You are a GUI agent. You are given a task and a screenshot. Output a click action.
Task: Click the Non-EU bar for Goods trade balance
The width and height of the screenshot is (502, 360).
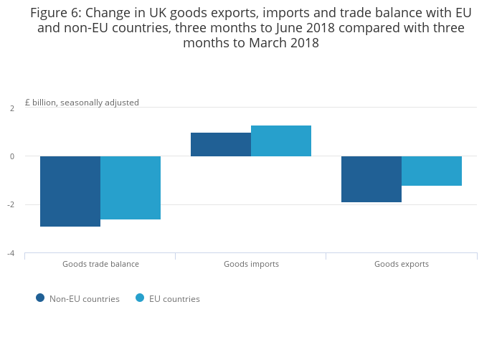click(70, 191)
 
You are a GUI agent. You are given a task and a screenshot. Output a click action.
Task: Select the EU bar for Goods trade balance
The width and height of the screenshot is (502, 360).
click(131, 188)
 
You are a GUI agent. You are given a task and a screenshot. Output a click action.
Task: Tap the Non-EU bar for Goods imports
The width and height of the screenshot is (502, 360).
click(221, 144)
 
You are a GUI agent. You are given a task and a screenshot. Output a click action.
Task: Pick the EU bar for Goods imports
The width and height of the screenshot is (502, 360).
click(281, 141)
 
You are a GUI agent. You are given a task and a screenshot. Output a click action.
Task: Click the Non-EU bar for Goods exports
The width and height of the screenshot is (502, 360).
click(371, 179)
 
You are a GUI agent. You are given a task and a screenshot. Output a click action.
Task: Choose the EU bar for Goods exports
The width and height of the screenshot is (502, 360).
click(432, 171)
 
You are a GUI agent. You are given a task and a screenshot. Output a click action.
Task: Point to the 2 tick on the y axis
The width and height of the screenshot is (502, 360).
click(12, 108)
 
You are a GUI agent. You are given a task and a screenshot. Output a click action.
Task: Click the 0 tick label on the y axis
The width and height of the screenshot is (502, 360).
click(12, 156)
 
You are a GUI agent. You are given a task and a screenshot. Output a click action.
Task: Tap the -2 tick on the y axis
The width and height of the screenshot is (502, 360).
click(11, 204)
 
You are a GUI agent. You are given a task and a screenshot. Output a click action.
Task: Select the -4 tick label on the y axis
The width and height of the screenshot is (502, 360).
click(11, 253)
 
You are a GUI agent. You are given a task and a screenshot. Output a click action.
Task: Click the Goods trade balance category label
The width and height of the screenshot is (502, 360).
click(100, 264)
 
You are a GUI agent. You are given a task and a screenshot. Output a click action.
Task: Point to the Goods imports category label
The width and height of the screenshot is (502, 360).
click(251, 264)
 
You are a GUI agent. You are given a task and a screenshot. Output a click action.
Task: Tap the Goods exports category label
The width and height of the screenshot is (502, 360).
click(402, 264)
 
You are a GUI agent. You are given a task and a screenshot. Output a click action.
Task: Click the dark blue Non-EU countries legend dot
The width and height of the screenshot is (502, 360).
click(40, 298)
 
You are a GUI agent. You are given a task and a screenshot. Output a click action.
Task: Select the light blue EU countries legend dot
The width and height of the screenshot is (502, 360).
click(140, 298)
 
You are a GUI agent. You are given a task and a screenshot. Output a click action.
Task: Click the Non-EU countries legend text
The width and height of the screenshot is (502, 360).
click(85, 299)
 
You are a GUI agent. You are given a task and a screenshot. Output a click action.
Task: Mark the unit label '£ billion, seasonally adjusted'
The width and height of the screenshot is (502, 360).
click(82, 103)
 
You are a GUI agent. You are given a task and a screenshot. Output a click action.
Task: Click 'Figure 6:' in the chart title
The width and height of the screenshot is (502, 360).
click(56, 13)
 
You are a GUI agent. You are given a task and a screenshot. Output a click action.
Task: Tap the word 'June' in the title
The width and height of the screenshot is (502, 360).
click(289, 28)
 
